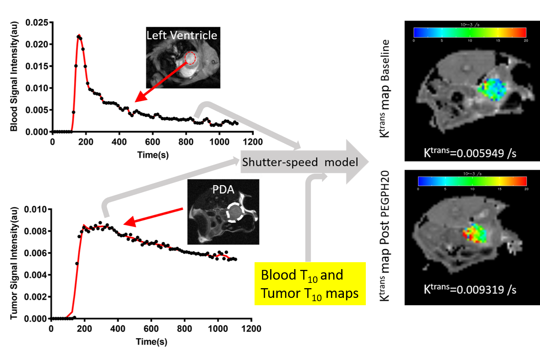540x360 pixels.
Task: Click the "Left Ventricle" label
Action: [181, 35]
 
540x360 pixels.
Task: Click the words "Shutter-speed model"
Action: [300, 162]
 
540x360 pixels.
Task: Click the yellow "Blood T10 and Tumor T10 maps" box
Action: [310, 284]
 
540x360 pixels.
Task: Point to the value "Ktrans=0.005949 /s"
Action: [470, 153]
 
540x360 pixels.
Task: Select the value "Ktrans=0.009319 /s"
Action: [470, 289]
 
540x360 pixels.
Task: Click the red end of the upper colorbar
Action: [523, 32]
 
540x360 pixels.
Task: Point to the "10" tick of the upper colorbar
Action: [470, 41]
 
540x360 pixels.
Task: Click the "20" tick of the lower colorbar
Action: [526, 189]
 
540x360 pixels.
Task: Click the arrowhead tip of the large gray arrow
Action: [368, 162]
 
